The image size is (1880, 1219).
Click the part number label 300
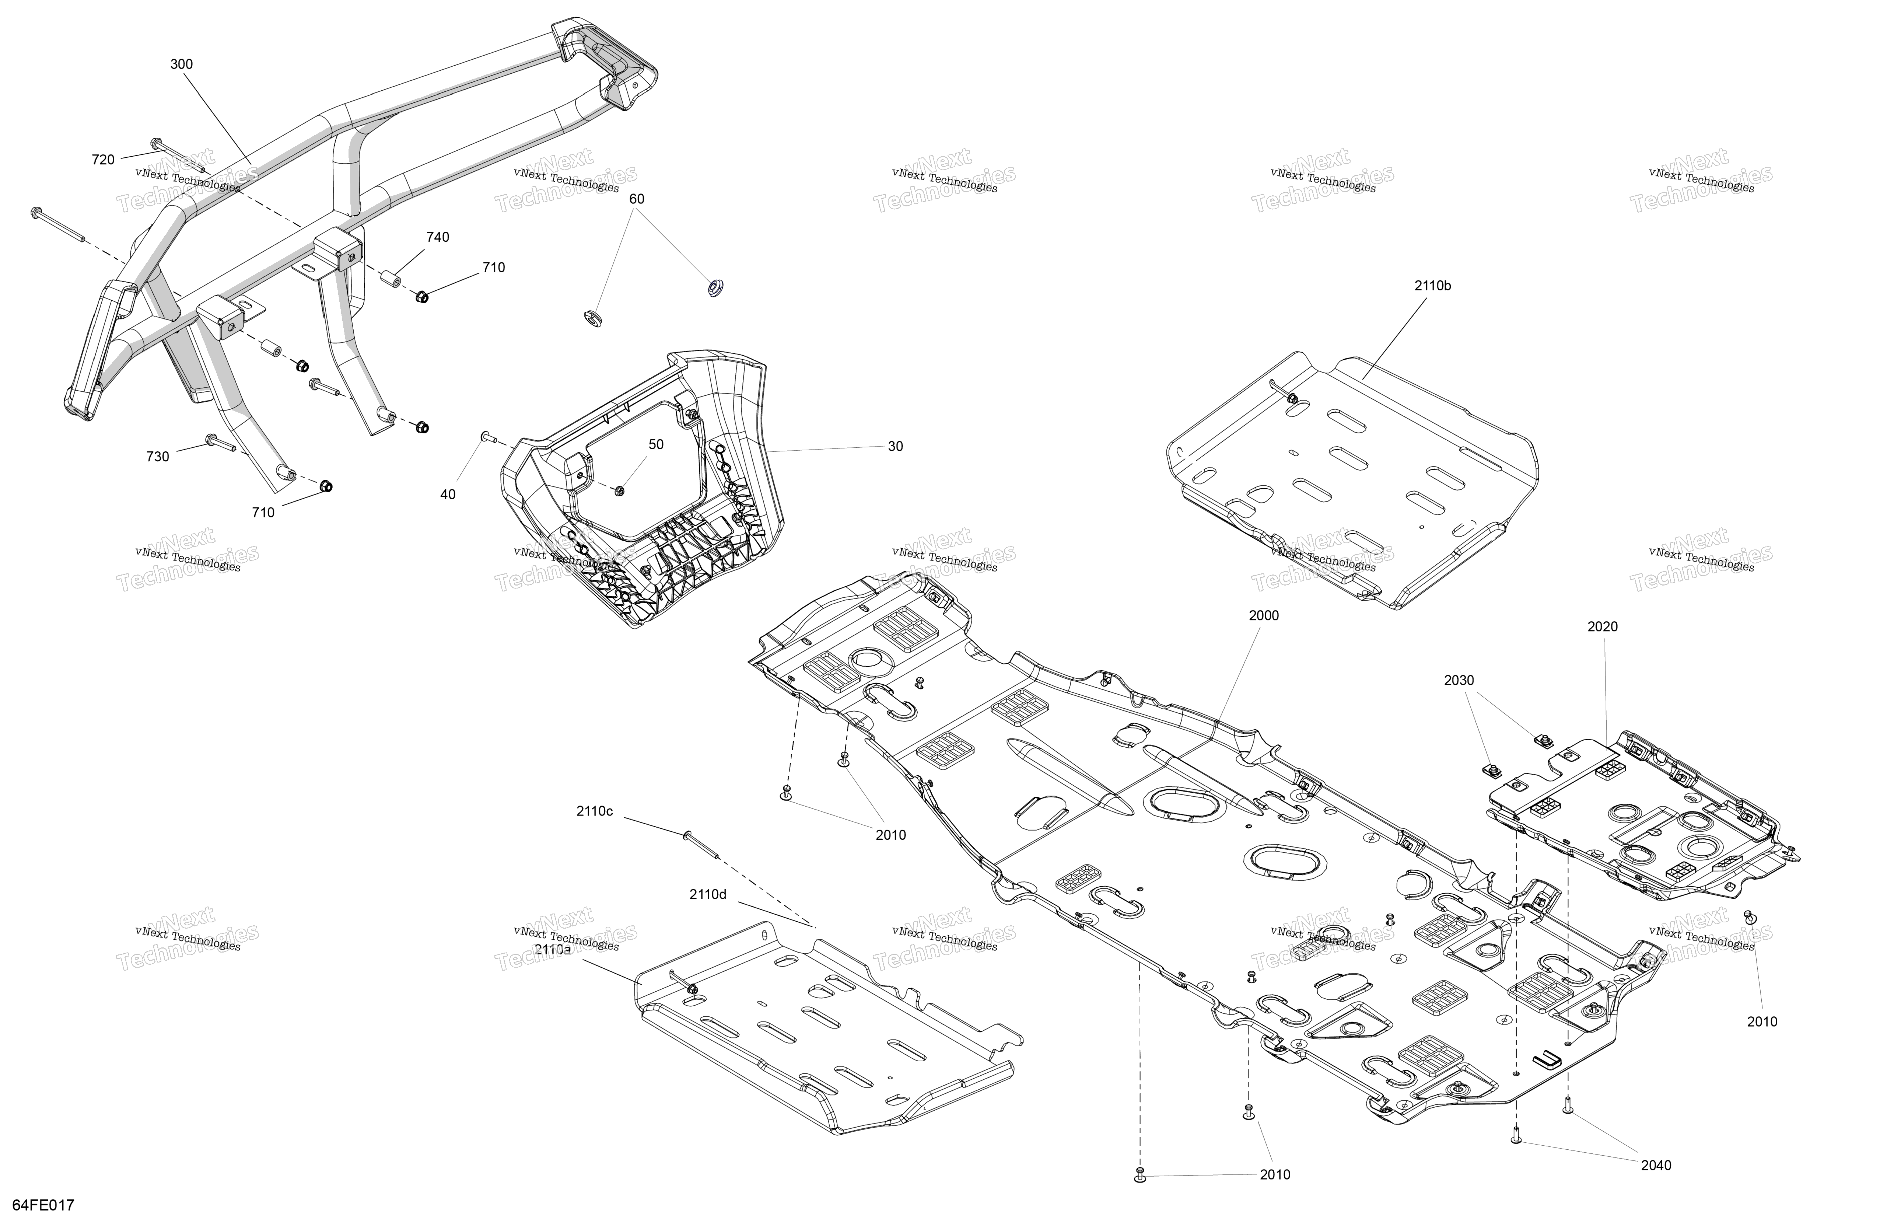(182, 64)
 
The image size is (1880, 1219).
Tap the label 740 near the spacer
(438, 237)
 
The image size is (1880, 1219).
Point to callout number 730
(158, 457)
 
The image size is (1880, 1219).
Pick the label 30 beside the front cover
(895, 446)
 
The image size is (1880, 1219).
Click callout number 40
(448, 495)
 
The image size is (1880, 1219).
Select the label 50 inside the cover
(657, 445)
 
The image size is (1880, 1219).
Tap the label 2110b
(1432, 286)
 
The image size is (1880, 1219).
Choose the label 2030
(1459, 680)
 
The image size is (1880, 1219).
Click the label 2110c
(594, 811)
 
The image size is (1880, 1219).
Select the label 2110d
(708, 894)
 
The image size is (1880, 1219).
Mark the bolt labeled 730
(221, 444)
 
